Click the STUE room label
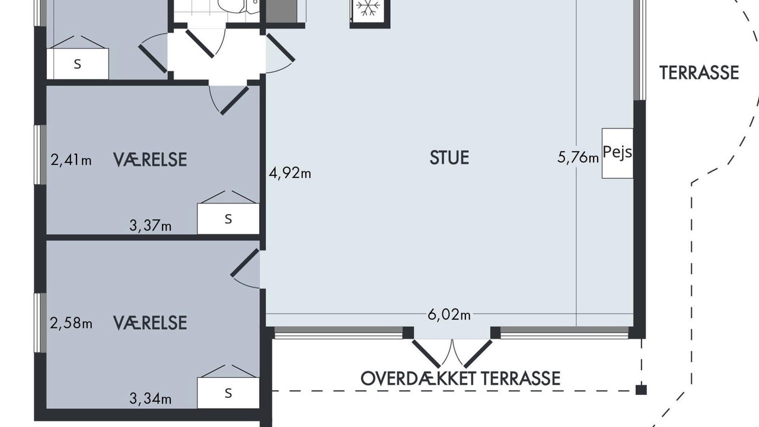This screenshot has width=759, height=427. pyautogui.click(x=449, y=158)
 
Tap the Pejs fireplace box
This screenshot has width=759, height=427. pyautogui.click(x=617, y=153)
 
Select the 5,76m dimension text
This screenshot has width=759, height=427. pyautogui.click(x=578, y=158)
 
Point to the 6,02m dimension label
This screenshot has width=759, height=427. pyautogui.click(x=449, y=315)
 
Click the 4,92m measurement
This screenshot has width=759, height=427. pyautogui.click(x=290, y=173)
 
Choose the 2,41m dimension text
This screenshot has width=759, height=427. pyautogui.click(x=71, y=160)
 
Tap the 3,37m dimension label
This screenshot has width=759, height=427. pyautogui.click(x=151, y=225)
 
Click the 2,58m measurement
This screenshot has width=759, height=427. pyautogui.click(x=71, y=323)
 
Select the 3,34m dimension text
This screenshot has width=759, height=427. pyautogui.click(x=151, y=399)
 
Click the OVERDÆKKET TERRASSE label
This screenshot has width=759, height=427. pyautogui.click(x=460, y=378)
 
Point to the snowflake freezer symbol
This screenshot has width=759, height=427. pyautogui.click(x=368, y=8)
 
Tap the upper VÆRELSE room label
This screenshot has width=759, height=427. pyautogui.click(x=150, y=160)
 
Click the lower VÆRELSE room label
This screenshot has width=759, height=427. pyautogui.click(x=150, y=323)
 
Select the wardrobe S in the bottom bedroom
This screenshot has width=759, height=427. pyautogui.click(x=228, y=393)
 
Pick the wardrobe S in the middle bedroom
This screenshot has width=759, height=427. pyautogui.click(x=228, y=219)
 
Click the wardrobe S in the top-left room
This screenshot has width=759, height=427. pyautogui.click(x=78, y=64)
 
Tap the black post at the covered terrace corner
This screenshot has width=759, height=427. pyautogui.click(x=641, y=390)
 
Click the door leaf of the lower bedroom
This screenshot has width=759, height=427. pyautogui.click(x=245, y=263)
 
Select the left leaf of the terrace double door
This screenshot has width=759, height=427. pyautogui.click(x=426, y=354)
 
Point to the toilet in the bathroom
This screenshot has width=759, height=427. pyautogui.click(x=231, y=6)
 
